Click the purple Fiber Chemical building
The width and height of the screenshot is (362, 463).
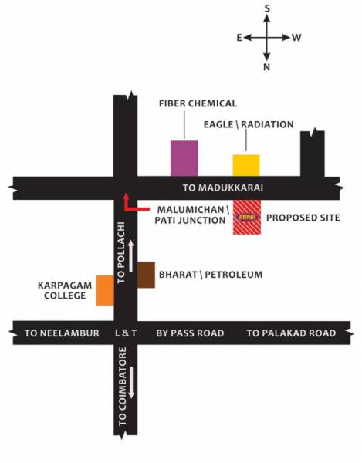tap(184, 157)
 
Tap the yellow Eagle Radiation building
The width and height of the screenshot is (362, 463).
tap(246, 165)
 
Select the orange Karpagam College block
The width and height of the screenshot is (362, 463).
tap(105, 289)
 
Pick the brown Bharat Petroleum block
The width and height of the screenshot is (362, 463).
tap(146, 275)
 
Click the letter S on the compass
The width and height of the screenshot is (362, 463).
tap(267, 8)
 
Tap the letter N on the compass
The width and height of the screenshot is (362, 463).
tap(267, 67)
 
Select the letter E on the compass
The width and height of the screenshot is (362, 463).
tap(239, 37)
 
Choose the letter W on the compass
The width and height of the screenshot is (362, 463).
tap(296, 37)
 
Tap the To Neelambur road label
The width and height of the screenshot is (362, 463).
tap(62, 333)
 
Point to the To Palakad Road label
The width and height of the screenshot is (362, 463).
tap(292, 333)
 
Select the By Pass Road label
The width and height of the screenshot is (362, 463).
tap(190, 333)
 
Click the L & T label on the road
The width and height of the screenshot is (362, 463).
tap(125, 333)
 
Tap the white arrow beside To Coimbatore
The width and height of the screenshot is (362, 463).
tap(132, 383)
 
